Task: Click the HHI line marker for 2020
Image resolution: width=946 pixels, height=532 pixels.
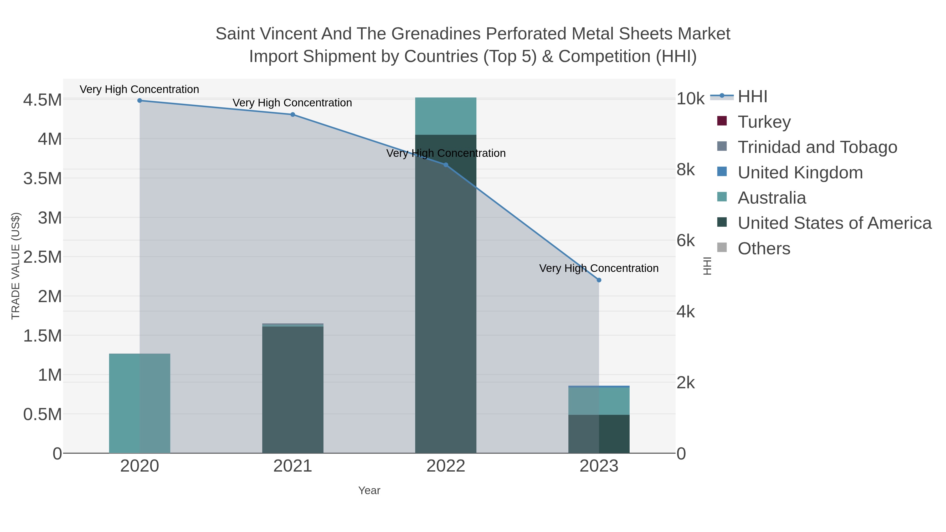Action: [x=140, y=101]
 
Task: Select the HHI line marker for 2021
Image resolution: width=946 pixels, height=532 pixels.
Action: [x=293, y=115]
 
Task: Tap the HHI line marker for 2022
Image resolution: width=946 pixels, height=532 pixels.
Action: [x=446, y=165]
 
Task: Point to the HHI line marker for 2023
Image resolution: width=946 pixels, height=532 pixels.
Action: [x=599, y=280]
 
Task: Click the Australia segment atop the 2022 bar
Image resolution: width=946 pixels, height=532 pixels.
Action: [x=446, y=116]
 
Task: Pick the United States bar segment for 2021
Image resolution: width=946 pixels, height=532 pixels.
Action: [x=293, y=389]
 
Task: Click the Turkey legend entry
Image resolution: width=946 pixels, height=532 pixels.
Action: [x=764, y=122]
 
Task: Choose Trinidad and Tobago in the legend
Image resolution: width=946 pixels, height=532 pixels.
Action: [x=817, y=147]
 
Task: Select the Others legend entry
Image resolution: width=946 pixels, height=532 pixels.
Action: [x=764, y=248]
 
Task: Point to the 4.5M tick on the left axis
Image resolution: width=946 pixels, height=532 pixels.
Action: [x=43, y=100]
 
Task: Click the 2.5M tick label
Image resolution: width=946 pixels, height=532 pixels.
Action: [x=43, y=257]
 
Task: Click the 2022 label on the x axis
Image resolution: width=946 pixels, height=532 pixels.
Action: [x=446, y=466]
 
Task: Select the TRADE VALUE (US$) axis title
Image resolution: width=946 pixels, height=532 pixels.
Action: [x=16, y=266]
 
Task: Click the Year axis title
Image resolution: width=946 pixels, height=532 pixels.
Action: [x=369, y=490]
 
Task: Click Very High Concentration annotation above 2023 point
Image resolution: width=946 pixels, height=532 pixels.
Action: [x=599, y=268]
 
